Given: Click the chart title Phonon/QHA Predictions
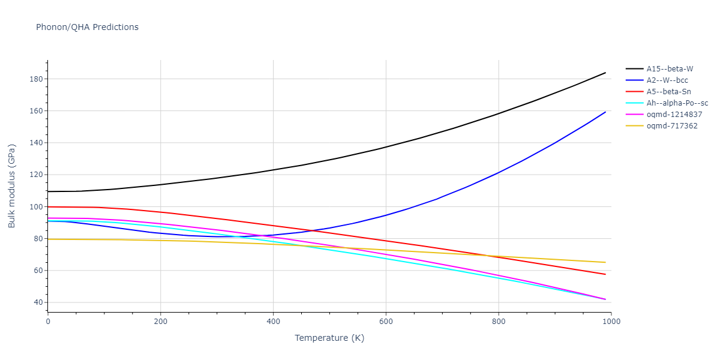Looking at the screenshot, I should coord(87,27).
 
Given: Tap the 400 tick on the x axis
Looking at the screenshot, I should coord(273,322).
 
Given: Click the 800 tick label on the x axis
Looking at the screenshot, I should coord(499,322).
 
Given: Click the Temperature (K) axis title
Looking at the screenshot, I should coord(329,338).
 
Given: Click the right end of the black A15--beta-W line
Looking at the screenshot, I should coord(605,73).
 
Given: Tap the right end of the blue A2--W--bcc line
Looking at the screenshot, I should coord(605,112).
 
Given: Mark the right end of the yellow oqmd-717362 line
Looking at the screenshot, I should coord(605,262).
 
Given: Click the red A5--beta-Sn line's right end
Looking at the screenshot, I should coord(605,274).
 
